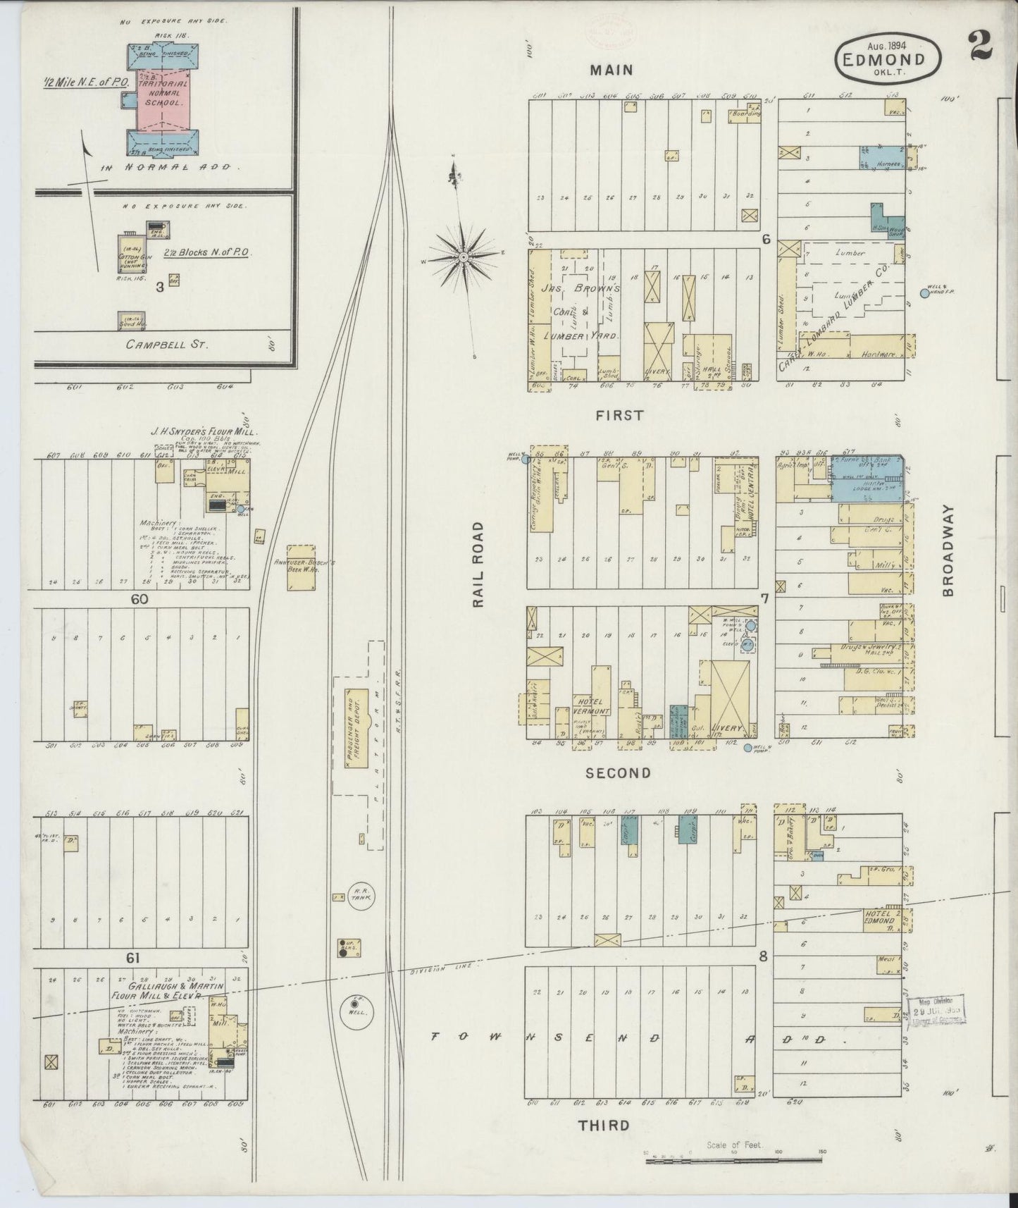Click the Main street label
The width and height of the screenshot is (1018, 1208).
(x=612, y=70)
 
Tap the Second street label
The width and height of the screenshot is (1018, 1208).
(x=618, y=772)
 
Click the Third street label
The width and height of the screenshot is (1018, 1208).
(x=604, y=1125)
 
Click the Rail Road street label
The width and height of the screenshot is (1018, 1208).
(x=478, y=565)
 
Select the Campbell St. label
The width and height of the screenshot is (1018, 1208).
(x=159, y=345)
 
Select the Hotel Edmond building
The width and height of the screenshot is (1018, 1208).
(x=882, y=918)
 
